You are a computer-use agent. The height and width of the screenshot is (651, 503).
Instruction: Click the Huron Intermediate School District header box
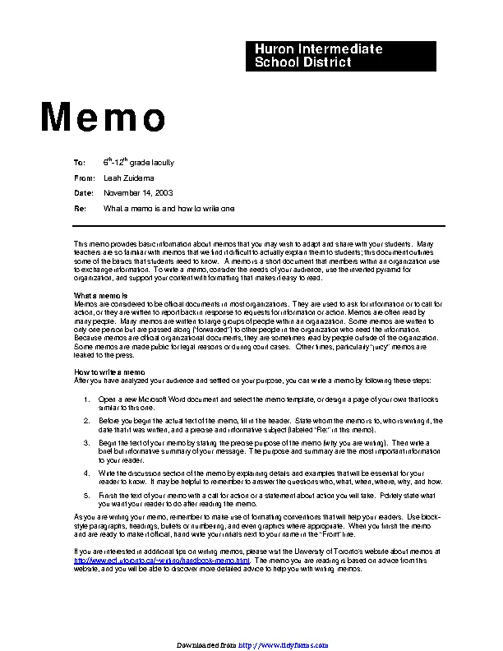pyautogui.click(x=342, y=56)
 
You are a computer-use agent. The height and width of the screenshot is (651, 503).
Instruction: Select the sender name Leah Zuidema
pyautogui.click(x=128, y=178)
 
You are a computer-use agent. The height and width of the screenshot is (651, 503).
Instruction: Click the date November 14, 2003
pyautogui.click(x=137, y=193)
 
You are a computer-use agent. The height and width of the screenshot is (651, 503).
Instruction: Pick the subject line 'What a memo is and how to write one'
pyautogui.click(x=168, y=209)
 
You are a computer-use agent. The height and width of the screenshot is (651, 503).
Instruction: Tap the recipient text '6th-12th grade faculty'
pyautogui.click(x=138, y=163)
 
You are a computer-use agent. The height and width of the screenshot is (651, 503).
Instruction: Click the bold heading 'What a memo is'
pyautogui.click(x=101, y=295)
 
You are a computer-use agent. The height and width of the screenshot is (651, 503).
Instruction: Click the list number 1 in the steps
pyautogui.click(x=87, y=399)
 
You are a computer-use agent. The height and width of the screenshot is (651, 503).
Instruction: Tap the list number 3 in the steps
pyautogui.click(x=87, y=442)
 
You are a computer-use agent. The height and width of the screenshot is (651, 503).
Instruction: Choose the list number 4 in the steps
pyautogui.click(x=87, y=473)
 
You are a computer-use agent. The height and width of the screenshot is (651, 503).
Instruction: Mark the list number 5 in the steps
pyautogui.click(x=87, y=496)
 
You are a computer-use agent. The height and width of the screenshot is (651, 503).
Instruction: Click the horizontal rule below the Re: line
pyautogui.click(x=259, y=226)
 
